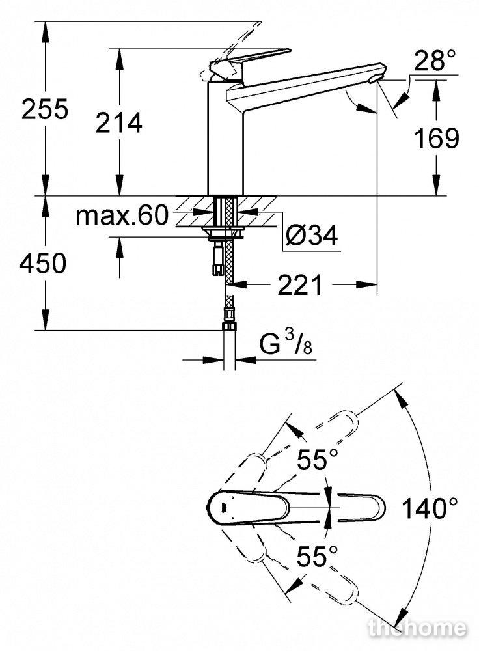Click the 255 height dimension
45,109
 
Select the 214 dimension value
118,122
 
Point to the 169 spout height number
437,138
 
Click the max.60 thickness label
122,215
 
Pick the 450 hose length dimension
42,263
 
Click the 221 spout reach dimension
299,285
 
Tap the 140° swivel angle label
430,508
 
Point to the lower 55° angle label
318,556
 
